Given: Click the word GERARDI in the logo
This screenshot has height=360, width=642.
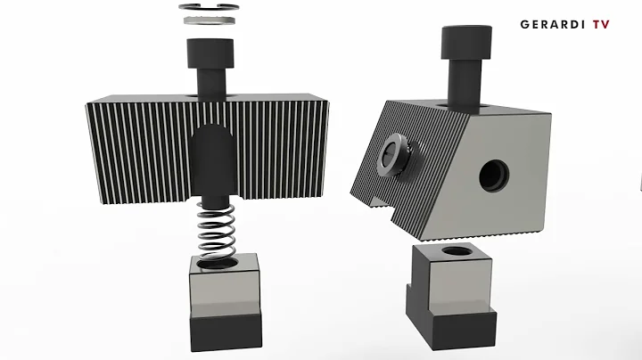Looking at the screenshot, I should tap(552, 25).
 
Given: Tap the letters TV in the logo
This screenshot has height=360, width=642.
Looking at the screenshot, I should tap(600, 25).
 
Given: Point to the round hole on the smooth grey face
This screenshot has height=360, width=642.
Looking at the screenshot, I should tap(494, 176).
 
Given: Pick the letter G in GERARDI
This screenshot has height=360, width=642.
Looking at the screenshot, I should tap(524, 25).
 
